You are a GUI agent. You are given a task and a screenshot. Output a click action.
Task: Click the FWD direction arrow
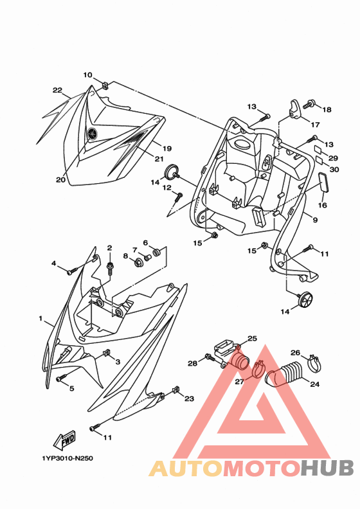[64, 440]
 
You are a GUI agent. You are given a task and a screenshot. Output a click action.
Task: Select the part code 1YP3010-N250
[67, 458]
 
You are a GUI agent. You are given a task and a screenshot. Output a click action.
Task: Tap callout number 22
[57, 90]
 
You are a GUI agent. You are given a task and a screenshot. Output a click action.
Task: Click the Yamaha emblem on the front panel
[92, 134]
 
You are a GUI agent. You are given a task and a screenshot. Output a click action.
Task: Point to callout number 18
[327, 109]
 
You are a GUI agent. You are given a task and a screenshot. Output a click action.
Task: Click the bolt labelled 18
[309, 105]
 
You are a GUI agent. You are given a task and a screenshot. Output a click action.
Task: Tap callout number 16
[322, 205]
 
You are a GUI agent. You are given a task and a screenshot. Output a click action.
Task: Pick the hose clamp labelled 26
[314, 363]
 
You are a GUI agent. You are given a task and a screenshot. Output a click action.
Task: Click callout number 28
[192, 363]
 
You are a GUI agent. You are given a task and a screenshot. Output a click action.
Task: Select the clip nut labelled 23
[177, 389]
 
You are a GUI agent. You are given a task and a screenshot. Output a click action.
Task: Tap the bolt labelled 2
[110, 267]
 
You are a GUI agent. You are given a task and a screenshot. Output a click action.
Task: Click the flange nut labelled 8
[138, 262]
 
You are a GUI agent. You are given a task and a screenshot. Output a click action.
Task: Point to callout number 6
[145, 243]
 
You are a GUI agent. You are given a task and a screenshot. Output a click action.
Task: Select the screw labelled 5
[61, 378]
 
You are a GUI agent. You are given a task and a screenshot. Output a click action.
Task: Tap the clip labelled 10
[105, 85]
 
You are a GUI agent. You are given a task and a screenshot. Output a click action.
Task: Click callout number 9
[315, 220]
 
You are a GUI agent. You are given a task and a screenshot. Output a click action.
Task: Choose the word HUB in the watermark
[327, 468]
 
